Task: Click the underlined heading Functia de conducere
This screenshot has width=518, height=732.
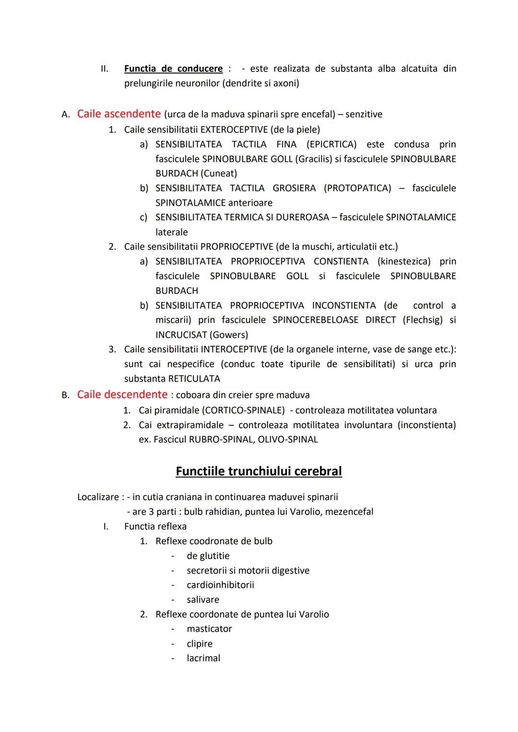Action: point(173,69)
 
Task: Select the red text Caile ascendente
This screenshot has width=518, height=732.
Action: point(118,114)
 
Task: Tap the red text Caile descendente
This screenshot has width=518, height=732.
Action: point(122,395)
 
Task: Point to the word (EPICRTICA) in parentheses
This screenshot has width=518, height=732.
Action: point(331,144)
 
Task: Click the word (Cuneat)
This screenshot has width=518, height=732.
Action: point(219,173)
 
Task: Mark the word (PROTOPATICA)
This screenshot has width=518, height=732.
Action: point(357,188)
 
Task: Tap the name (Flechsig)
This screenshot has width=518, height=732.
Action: point(423,320)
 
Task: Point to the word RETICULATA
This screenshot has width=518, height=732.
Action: point(194,379)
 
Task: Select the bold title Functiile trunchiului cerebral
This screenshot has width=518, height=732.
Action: point(259,471)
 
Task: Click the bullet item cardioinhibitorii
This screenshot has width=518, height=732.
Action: point(220,585)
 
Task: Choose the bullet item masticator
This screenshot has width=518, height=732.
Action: point(209,629)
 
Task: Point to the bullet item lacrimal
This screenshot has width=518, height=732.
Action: point(203,658)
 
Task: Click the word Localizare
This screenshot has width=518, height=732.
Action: point(98,497)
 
